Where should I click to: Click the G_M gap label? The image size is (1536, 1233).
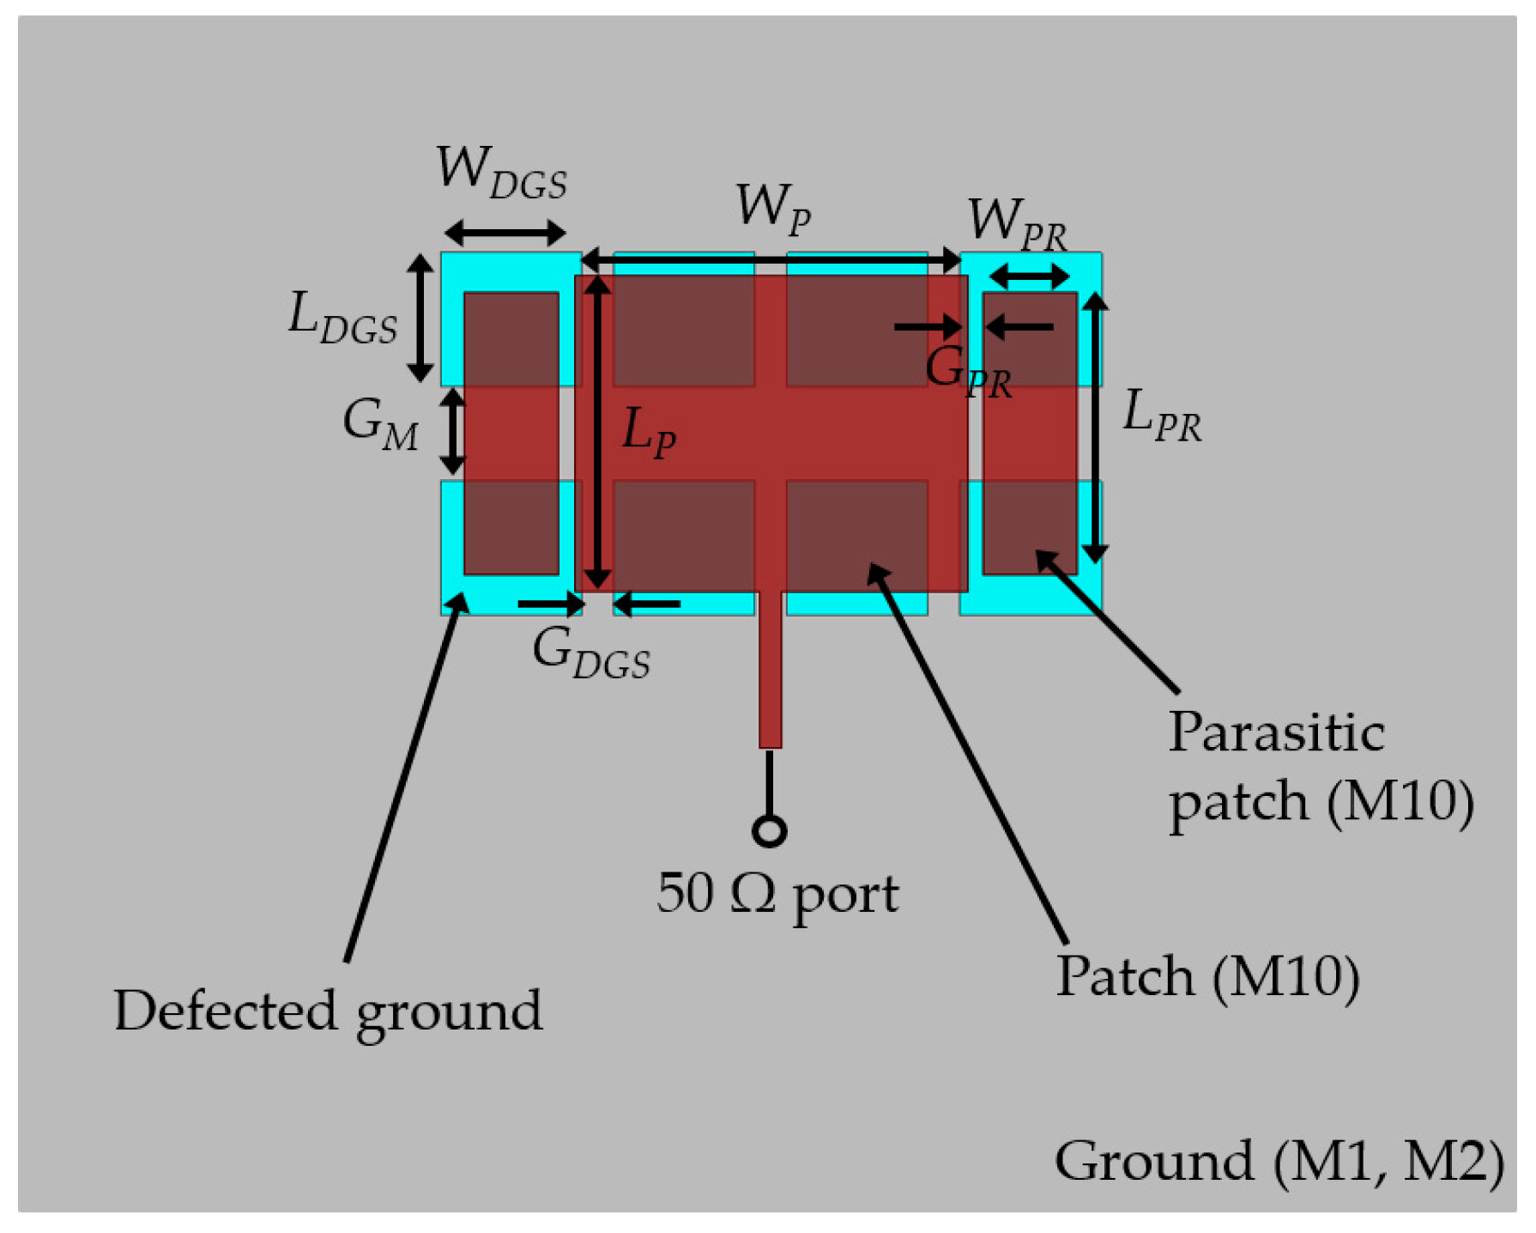(381, 425)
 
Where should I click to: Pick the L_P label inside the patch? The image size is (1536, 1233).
(649, 433)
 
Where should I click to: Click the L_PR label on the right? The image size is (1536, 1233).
(1162, 416)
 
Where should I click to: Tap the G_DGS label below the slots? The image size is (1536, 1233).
(591, 653)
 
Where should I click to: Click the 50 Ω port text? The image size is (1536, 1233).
(777, 896)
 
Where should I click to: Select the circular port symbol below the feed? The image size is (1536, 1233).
(769, 831)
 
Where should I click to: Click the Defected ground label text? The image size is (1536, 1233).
(328, 1012)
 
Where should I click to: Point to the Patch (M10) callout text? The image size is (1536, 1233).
(1207, 978)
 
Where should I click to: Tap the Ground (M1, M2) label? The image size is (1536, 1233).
(1279, 1163)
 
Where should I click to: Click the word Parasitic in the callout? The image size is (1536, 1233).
(1276, 733)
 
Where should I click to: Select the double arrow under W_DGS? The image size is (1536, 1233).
(505, 232)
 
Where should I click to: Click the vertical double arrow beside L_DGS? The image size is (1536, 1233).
(420, 318)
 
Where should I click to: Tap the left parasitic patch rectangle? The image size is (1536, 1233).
(511, 434)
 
